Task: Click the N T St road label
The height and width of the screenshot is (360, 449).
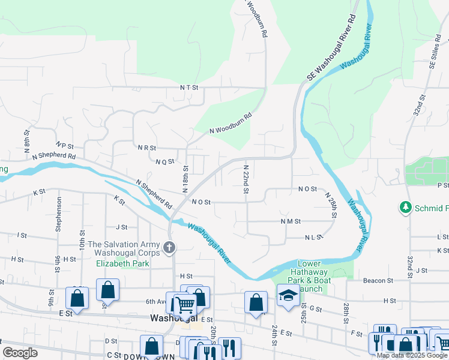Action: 189,88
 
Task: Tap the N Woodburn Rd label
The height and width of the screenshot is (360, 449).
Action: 230,124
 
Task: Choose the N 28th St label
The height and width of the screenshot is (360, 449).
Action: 332,205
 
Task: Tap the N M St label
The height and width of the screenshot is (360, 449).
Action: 290,221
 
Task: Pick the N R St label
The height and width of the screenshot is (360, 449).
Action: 146,148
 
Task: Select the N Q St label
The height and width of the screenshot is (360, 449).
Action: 164,161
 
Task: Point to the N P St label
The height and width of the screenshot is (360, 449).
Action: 64,145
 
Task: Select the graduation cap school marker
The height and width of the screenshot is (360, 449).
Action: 288,295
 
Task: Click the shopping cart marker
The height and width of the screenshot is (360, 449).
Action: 184,305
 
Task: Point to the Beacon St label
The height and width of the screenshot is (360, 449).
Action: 378,280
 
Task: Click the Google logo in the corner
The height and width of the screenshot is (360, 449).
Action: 20,353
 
